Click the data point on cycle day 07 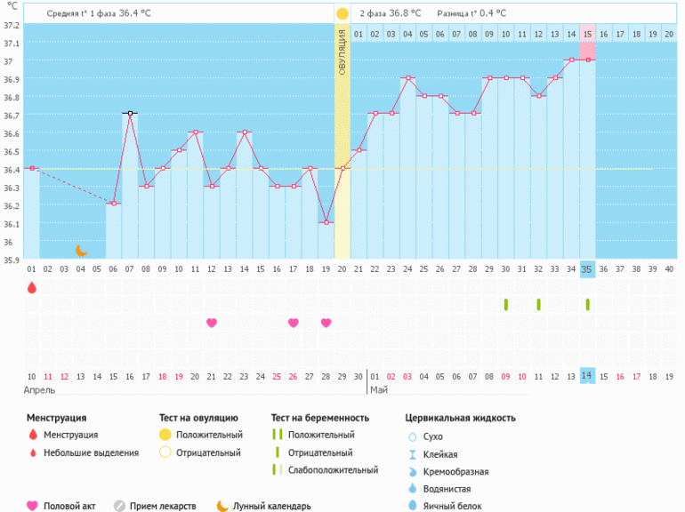pos(130,114)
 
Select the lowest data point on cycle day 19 pos(326,222)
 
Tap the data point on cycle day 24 pos(407,78)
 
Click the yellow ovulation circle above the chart pos(342,14)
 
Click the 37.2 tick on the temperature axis pos(10,25)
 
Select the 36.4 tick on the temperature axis pos(10,169)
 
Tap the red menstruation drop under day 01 pos(32,287)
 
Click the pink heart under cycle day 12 pos(212,323)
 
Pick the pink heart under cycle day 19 pos(326,323)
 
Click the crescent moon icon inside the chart pos(81,251)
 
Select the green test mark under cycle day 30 pos(505,304)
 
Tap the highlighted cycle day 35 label pos(587,268)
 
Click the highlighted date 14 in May pos(587,376)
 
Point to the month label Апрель pos(39,389)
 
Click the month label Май pos(377,389)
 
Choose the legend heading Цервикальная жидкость pos(460,417)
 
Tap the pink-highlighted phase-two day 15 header pos(587,34)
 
